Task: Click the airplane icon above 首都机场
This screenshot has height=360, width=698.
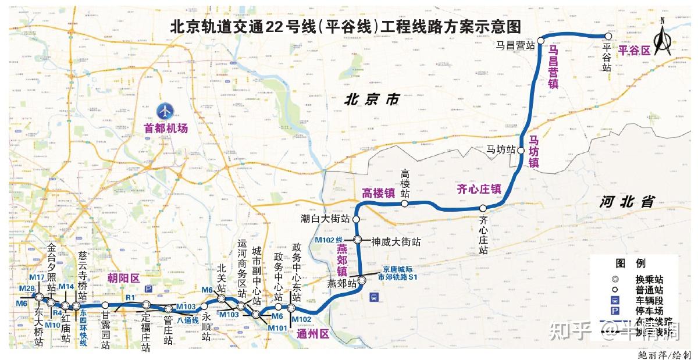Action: point(166,110)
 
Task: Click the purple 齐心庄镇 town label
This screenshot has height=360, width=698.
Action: point(479,188)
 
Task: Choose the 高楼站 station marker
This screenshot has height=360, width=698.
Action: point(404,204)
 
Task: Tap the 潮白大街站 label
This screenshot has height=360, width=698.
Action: point(325,219)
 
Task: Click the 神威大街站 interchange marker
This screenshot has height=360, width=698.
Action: point(358,240)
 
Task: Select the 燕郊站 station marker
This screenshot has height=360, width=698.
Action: point(362,281)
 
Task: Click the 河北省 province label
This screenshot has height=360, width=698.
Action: point(628,202)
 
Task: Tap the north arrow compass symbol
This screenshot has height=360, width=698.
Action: point(662,38)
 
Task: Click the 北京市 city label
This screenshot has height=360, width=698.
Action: point(372,100)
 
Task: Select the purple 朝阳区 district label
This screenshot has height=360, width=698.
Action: point(123,278)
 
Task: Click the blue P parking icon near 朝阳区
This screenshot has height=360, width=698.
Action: point(148,289)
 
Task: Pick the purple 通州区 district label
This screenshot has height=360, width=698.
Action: point(313,334)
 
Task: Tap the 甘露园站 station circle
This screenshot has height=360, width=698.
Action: point(105,305)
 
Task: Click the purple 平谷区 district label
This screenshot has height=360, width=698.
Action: point(634,50)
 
